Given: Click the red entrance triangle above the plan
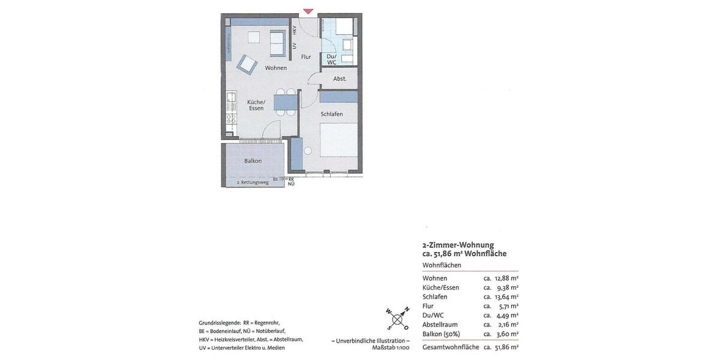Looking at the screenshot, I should click(x=308, y=11).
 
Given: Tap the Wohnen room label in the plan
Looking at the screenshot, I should click(x=276, y=68).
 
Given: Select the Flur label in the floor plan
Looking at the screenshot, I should click(x=306, y=57).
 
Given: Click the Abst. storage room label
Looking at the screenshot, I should click(x=340, y=79).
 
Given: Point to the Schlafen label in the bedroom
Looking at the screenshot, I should click(x=332, y=114).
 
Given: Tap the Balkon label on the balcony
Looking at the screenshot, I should click(x=253, y=161).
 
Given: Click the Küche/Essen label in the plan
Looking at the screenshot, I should click(x=256, y=105).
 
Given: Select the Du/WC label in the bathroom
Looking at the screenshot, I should click(x=332, y=59).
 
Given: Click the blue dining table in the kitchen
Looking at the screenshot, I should click(x=285, y=102).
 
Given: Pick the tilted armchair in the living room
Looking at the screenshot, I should click(x=247, y=63).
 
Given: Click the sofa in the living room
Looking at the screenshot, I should click(x=277, y=42).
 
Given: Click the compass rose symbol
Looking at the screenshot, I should click(x=398, y=319).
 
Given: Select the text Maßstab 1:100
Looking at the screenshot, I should click(x=391, y=347).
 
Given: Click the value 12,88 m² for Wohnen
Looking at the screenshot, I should click(x=506, y=278).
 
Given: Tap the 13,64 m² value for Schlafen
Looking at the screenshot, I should click(x=506, y=297).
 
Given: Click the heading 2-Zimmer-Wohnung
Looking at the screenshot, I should click(x=458, y=245).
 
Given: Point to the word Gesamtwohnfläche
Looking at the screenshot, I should click(x=451, y=347).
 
